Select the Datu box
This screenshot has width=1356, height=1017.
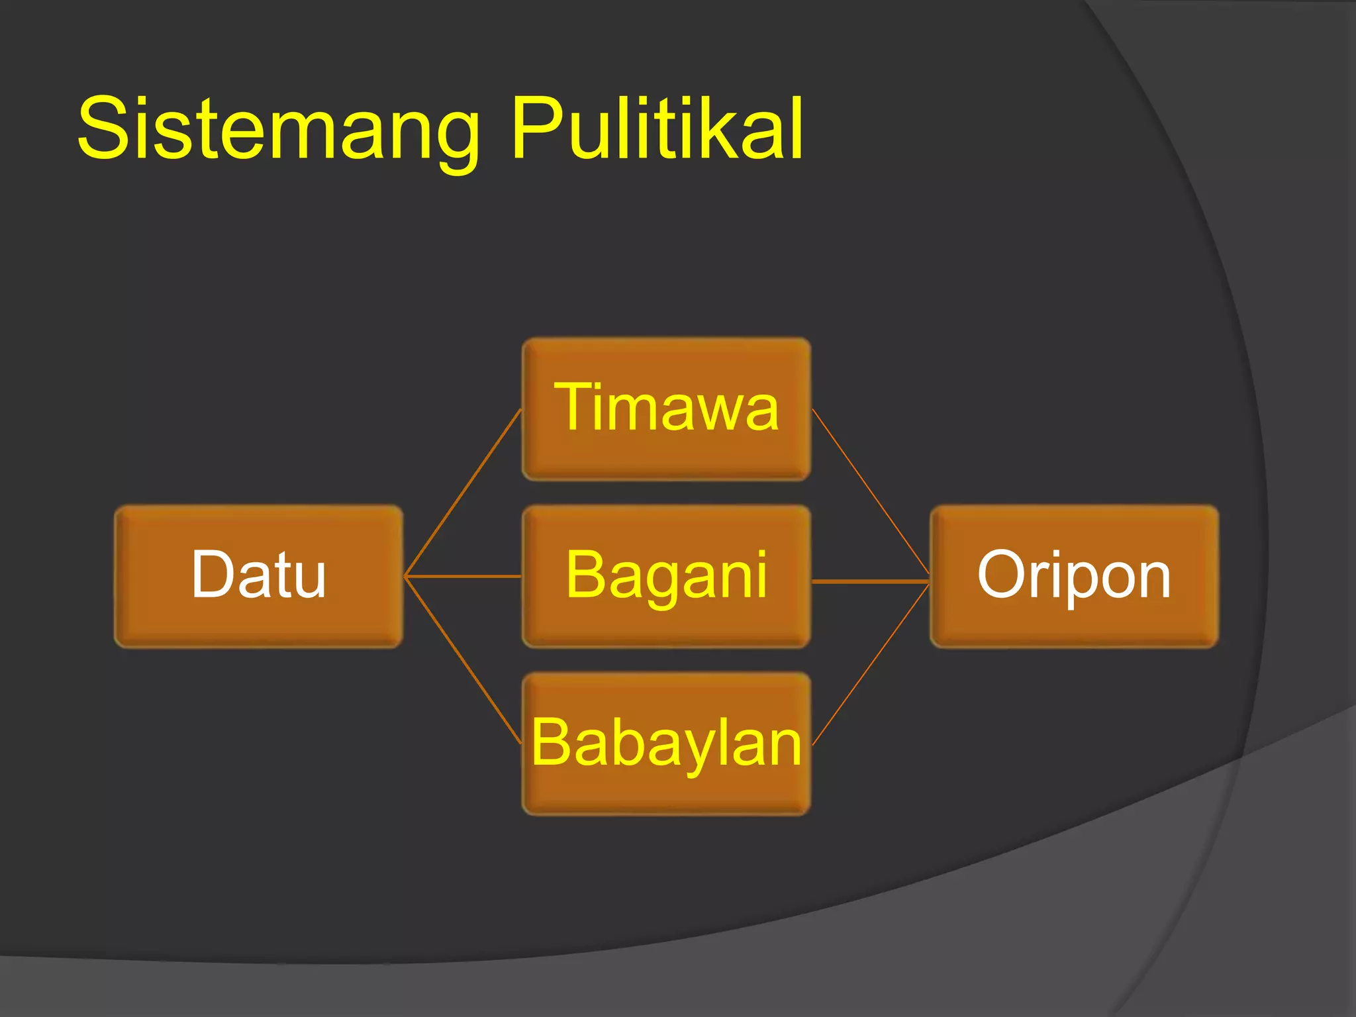(x=258, y=576)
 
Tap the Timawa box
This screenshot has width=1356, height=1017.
(x=666, y=409)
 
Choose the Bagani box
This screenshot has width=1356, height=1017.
(x=666, y=576)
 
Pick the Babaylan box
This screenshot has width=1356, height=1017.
(x=666, y=744)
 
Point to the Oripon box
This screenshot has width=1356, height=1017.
(x=1074, y=576)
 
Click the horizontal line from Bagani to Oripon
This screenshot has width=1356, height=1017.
(x=871, y=581)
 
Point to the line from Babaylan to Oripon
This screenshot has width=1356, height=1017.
(x=871, y=664)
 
